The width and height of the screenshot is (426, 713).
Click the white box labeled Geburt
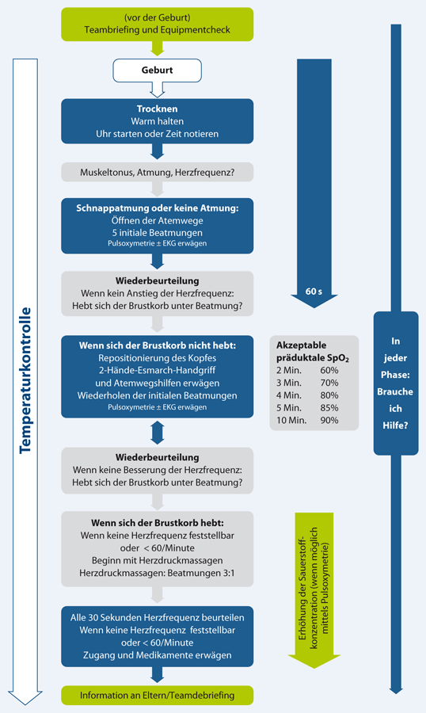pos(158,70)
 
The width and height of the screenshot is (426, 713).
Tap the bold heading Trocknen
pos(158,109)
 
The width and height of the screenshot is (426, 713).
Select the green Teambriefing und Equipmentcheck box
pos(158,24)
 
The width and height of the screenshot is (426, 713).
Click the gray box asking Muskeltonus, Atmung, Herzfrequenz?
pos(158,171)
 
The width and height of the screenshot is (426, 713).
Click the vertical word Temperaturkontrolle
pos(26,380)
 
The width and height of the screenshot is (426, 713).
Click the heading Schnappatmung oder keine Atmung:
pos(158,207)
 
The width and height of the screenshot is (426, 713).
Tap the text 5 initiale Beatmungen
pos(158,232)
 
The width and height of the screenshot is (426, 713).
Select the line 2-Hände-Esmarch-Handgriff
pos(158,371)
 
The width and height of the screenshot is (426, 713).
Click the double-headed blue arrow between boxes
pos(158,432)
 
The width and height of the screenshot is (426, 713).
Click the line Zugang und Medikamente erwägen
pos(158,654)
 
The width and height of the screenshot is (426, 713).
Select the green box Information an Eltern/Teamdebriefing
pos(158,695)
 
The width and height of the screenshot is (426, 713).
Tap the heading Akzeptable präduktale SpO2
pos(314,351)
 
